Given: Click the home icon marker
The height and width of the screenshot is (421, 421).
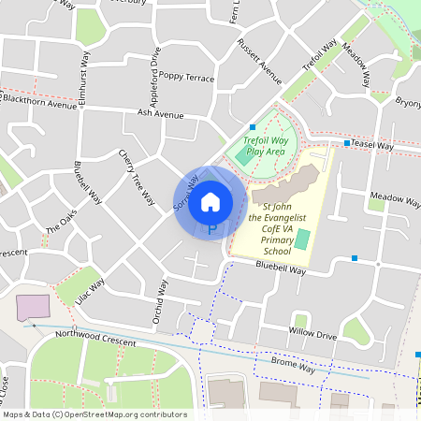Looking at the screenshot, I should point(210,201).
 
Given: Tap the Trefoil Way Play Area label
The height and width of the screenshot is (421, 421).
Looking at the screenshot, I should point(263,145).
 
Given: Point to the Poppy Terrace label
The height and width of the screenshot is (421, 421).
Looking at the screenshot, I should point(186,77).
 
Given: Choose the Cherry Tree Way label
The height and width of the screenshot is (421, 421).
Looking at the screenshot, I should point(137,177).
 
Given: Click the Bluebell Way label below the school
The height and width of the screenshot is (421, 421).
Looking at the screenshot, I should point(282,269).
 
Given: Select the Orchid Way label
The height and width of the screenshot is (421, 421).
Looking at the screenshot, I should point(161,302).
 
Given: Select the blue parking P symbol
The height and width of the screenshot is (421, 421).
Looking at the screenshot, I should point(211,228).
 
